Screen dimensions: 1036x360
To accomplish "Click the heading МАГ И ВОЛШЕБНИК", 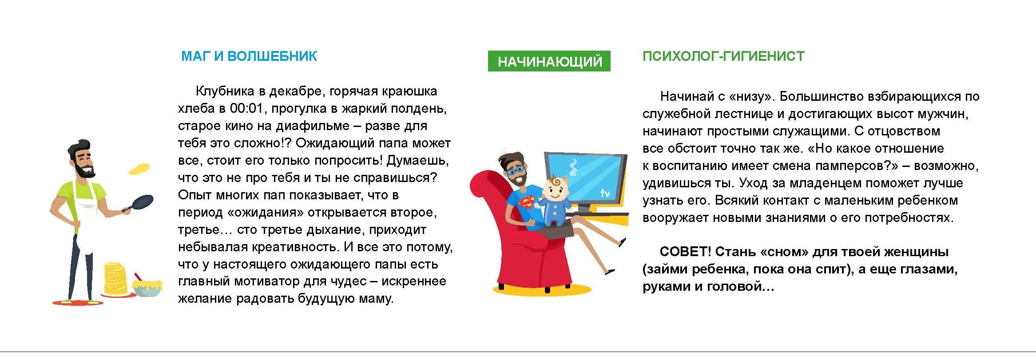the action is tap(249, 56).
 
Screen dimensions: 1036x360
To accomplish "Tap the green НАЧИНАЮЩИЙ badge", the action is tap(549, 61).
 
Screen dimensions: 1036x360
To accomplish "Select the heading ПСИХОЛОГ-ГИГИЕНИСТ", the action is tap(723, 56).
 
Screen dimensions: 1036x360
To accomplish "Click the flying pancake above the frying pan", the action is tap(139, 169).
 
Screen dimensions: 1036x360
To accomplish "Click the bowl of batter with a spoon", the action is tap(147, 286).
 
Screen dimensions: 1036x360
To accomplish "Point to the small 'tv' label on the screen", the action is tap(605, 193).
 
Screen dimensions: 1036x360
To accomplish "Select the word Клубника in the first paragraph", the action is tap(225, 91).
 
